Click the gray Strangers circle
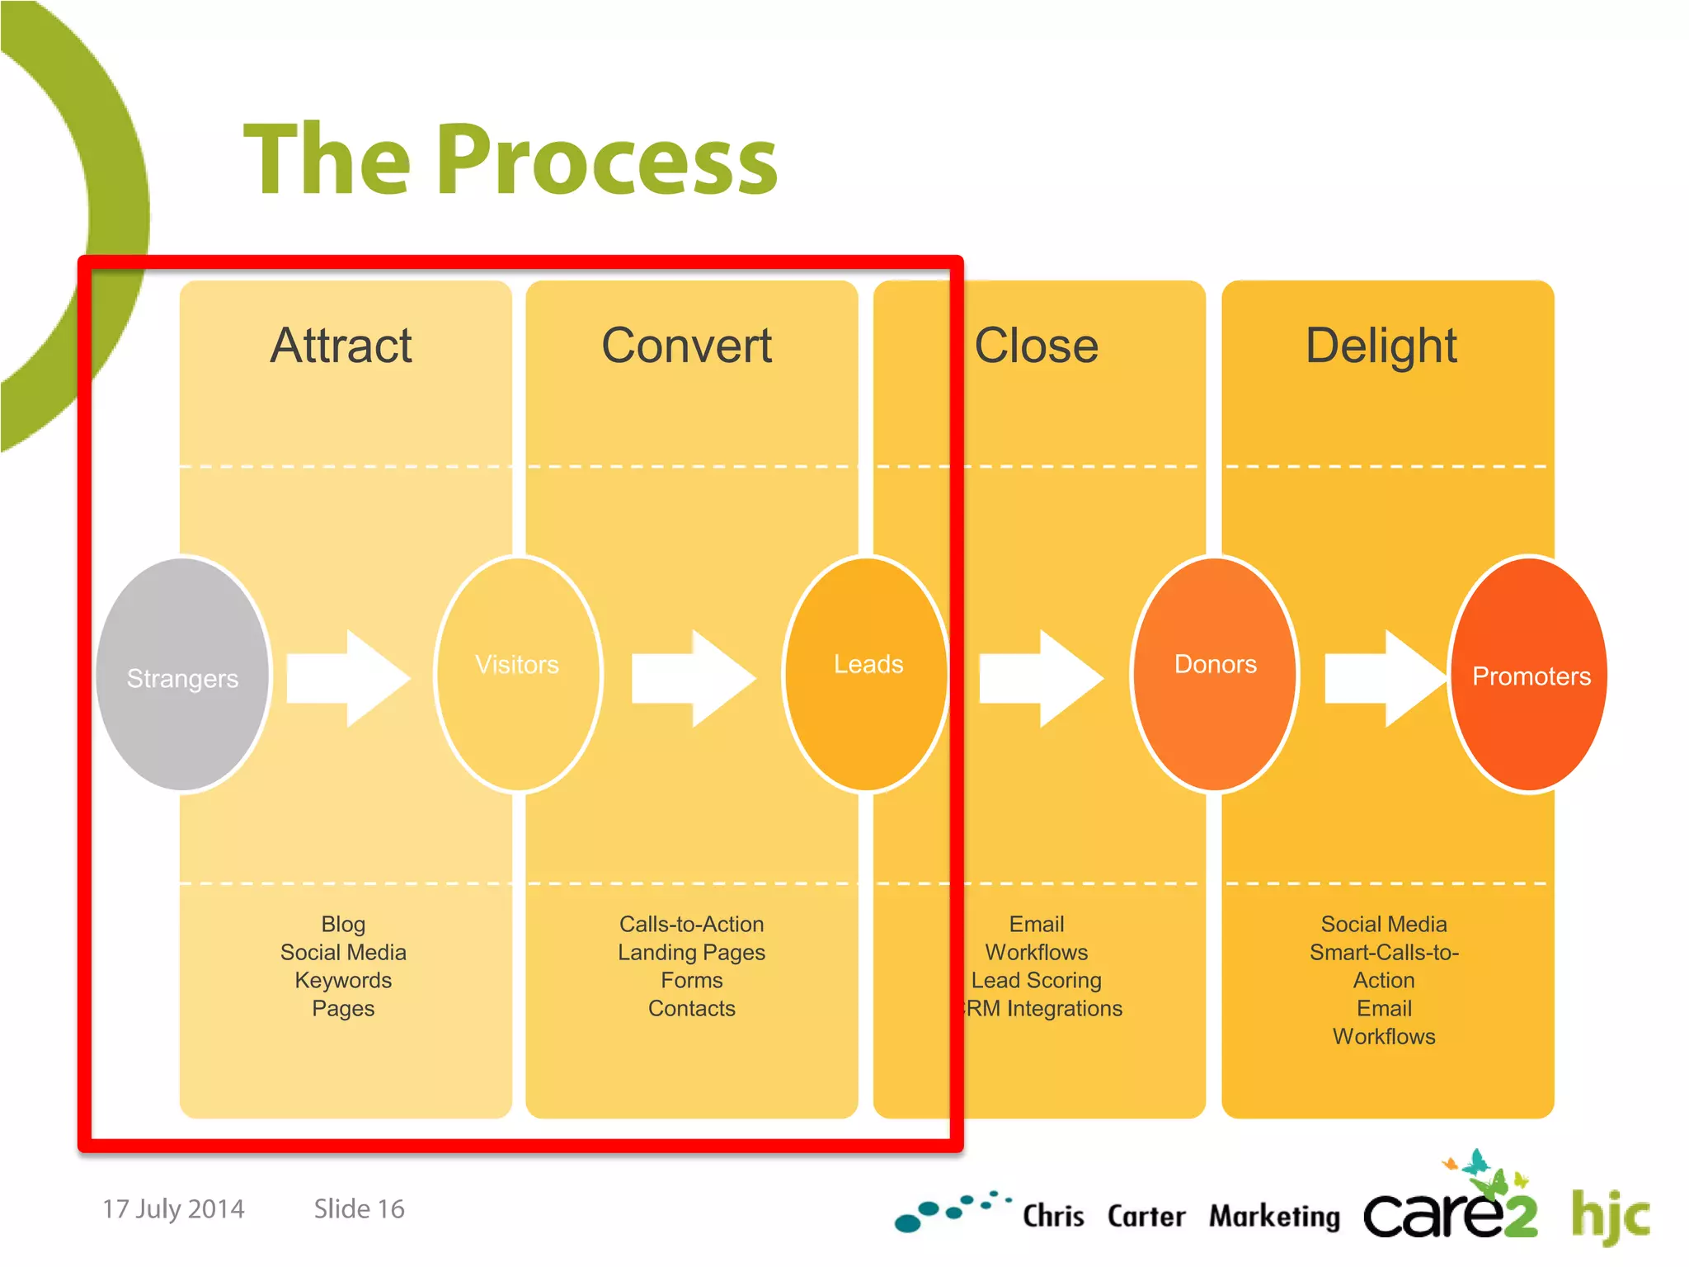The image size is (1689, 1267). tap(182, 674)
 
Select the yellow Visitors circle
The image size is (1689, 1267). tap(517, 674)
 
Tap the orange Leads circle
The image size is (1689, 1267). tap(866, 674)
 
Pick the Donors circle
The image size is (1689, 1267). tap(1215, 674)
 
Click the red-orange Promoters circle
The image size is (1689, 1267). tap(1530, 674)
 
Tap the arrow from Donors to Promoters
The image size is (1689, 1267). tap(1386, 678)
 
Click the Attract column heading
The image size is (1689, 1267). tap(341, 345)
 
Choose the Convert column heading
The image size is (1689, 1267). tap(687, 345)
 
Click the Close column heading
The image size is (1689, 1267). tap(1036, 345)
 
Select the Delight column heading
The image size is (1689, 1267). tap(1381, 345)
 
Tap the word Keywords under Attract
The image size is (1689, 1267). tap(343, 980)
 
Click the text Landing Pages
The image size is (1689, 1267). tap(691, 952)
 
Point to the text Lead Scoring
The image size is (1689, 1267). tap(1036, 980)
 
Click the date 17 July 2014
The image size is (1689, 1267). tap(173, 1208)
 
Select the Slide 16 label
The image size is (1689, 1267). tap(359, 1208)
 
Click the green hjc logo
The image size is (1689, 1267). tap(1609, 1215)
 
